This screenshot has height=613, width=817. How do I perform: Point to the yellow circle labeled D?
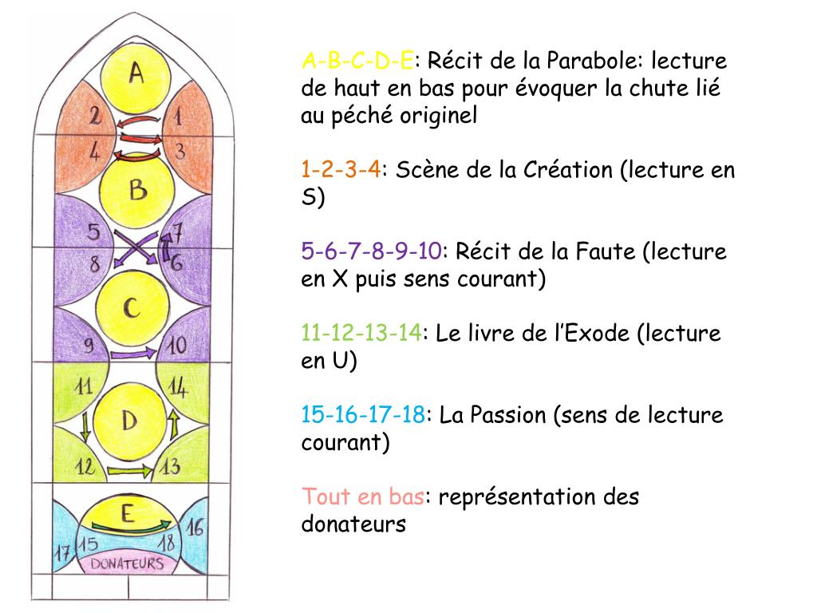130,421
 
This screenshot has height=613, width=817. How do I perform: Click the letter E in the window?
127,512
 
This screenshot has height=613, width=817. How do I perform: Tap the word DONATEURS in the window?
128,564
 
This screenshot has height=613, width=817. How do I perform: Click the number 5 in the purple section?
93,232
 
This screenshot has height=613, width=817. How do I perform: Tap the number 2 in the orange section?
95,117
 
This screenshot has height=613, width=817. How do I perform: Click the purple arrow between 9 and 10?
132,353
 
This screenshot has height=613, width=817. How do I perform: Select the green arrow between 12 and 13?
128,471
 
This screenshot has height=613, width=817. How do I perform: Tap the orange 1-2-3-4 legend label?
341,170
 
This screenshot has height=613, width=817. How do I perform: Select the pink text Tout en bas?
362,497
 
